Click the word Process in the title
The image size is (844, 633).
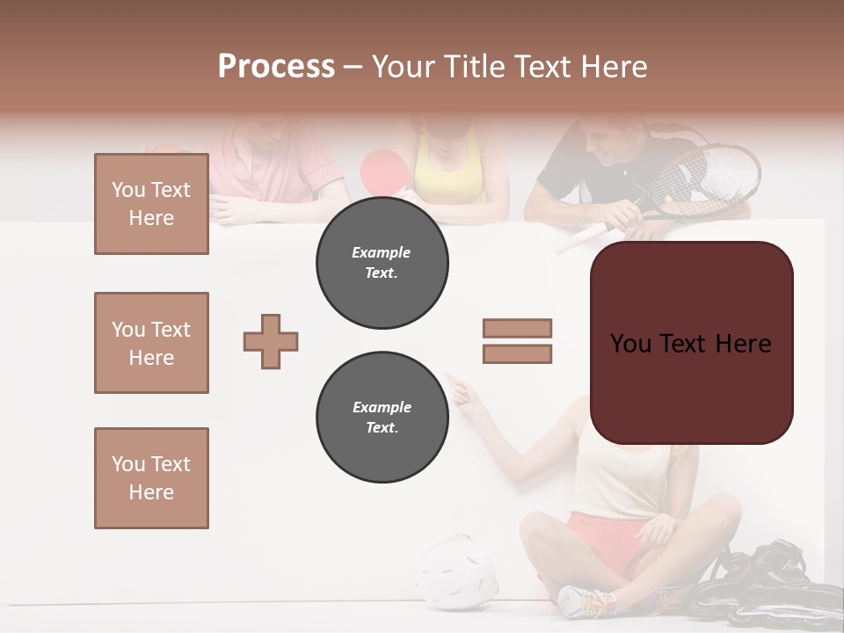276,67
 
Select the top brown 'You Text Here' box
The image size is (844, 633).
151,204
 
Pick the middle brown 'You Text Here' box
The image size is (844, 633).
151,343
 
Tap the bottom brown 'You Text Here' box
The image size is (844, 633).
151,478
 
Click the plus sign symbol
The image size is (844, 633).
271,341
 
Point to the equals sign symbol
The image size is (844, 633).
517,341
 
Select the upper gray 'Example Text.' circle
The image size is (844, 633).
382,263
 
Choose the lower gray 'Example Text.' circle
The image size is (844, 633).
382,418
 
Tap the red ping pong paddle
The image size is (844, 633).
382,169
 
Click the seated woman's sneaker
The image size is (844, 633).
587,601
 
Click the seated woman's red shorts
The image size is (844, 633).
598,535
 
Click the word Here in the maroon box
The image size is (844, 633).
742,344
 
